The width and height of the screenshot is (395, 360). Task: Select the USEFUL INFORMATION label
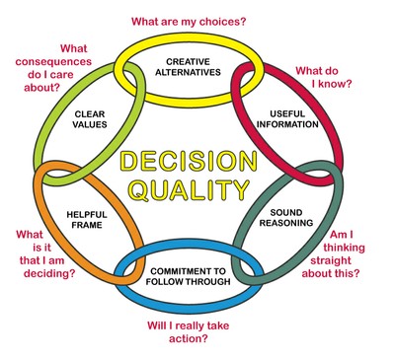(x=286, y=118)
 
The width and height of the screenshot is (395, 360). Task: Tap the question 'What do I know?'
(x=331, y=79)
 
